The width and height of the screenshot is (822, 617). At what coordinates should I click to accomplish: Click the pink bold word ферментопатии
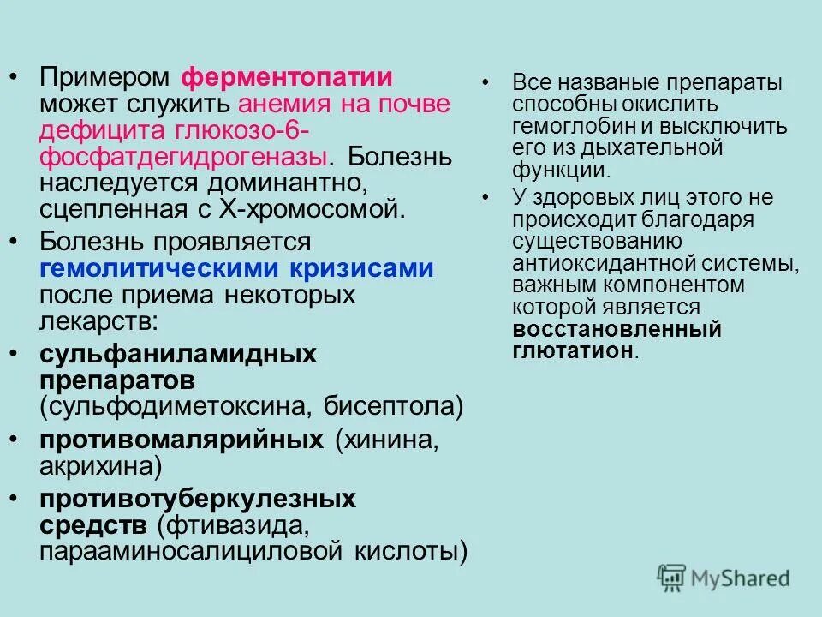coord(287,78)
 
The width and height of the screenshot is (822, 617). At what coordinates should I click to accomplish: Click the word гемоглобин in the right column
coord(564,126)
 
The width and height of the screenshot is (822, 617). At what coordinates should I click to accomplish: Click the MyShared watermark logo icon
coord(673,578)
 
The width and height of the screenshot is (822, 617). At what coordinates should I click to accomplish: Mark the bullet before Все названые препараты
coord(487,83)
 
